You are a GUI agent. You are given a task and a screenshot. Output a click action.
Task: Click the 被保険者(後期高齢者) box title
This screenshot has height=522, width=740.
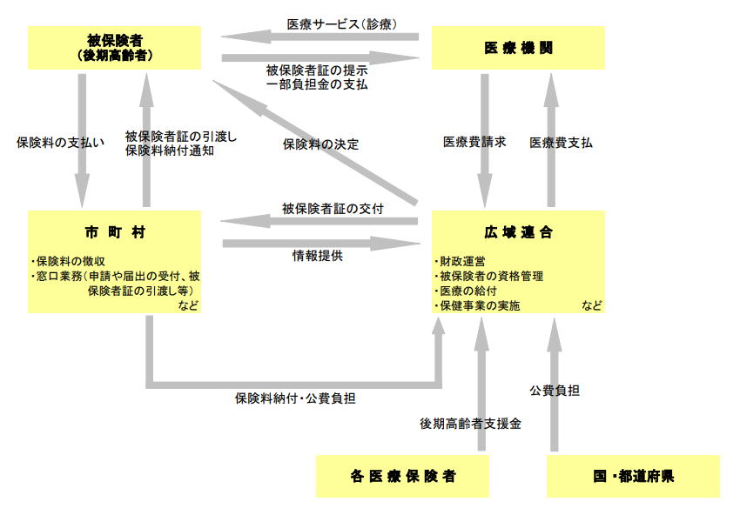(x=114, y=47)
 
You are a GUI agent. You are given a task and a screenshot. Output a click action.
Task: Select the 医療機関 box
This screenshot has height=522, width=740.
(x=519, y=48)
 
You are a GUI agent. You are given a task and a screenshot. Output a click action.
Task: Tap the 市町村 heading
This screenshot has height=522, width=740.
(x=114, y=232)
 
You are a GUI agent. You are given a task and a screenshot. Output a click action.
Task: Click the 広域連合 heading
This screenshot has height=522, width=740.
(x=519, y=232)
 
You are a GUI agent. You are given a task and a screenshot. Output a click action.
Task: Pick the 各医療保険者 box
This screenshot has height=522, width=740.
(x=402, y=476)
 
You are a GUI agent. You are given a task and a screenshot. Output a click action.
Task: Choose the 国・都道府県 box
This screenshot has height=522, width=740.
(x=633, y=476)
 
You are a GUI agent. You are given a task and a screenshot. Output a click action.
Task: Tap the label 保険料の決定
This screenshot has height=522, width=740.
(x=320, y=144)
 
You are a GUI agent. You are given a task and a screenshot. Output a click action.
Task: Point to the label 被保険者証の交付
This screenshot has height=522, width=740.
(x=333, y=209)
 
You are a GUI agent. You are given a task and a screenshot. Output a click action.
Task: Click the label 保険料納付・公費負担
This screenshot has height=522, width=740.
(x=295, y=398)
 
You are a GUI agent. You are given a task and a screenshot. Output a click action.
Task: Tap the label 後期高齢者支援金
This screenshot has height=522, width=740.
(x=470, y=424)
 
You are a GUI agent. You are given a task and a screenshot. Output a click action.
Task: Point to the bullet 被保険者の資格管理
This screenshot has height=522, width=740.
(x=490, y=276)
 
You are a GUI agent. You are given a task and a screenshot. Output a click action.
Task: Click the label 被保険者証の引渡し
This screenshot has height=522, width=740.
(x=181, y=136)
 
